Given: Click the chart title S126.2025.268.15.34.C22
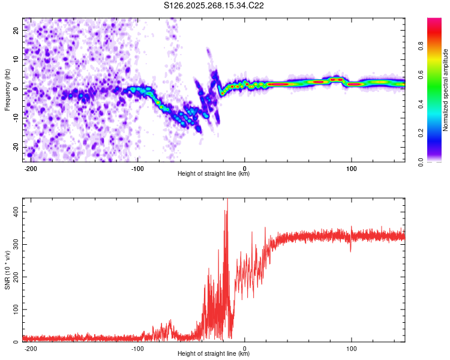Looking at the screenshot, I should coord(214,6).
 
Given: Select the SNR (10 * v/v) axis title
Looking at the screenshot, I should coord(7,270).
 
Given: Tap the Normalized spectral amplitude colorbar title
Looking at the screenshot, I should coord(446,90).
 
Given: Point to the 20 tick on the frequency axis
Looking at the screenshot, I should coord(16,29).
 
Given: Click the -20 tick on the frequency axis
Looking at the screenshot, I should coord(15,147).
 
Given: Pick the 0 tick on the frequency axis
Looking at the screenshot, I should coord(19,88).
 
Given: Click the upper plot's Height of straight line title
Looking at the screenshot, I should coord(214,174).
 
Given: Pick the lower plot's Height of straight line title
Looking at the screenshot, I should coord(214,354).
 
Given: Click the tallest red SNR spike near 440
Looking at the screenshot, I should coord(227,200).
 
